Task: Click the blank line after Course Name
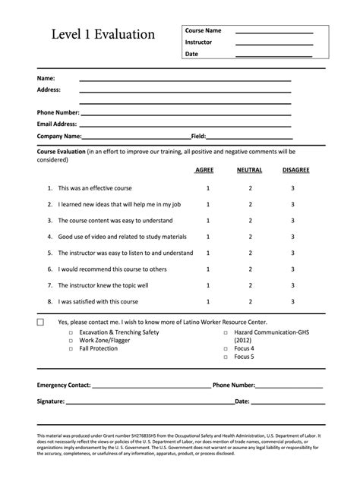click(x=273, y=33)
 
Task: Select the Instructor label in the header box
click(x=198, y=42)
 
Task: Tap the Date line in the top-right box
click(x=273, y=56)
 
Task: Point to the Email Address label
click(x=57, y=124)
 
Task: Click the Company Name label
click(x=59, y=137)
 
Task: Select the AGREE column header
click(x=204, y=171)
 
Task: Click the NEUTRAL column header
click(x=249, y=171)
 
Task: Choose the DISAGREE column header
click(x=295, y=171)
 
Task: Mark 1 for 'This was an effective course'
click(x=207, y=187)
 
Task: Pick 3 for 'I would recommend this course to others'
click(x=292, y=269)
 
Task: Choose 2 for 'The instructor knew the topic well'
click(x=250, y=285)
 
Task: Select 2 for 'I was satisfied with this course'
click(x=250, y=302)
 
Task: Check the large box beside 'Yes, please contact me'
click(x=41, y=322)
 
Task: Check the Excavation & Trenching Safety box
click(x=71, y=333)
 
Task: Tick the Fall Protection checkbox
click(x=71, y=349)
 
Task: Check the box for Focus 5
click(x=226, y=357)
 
